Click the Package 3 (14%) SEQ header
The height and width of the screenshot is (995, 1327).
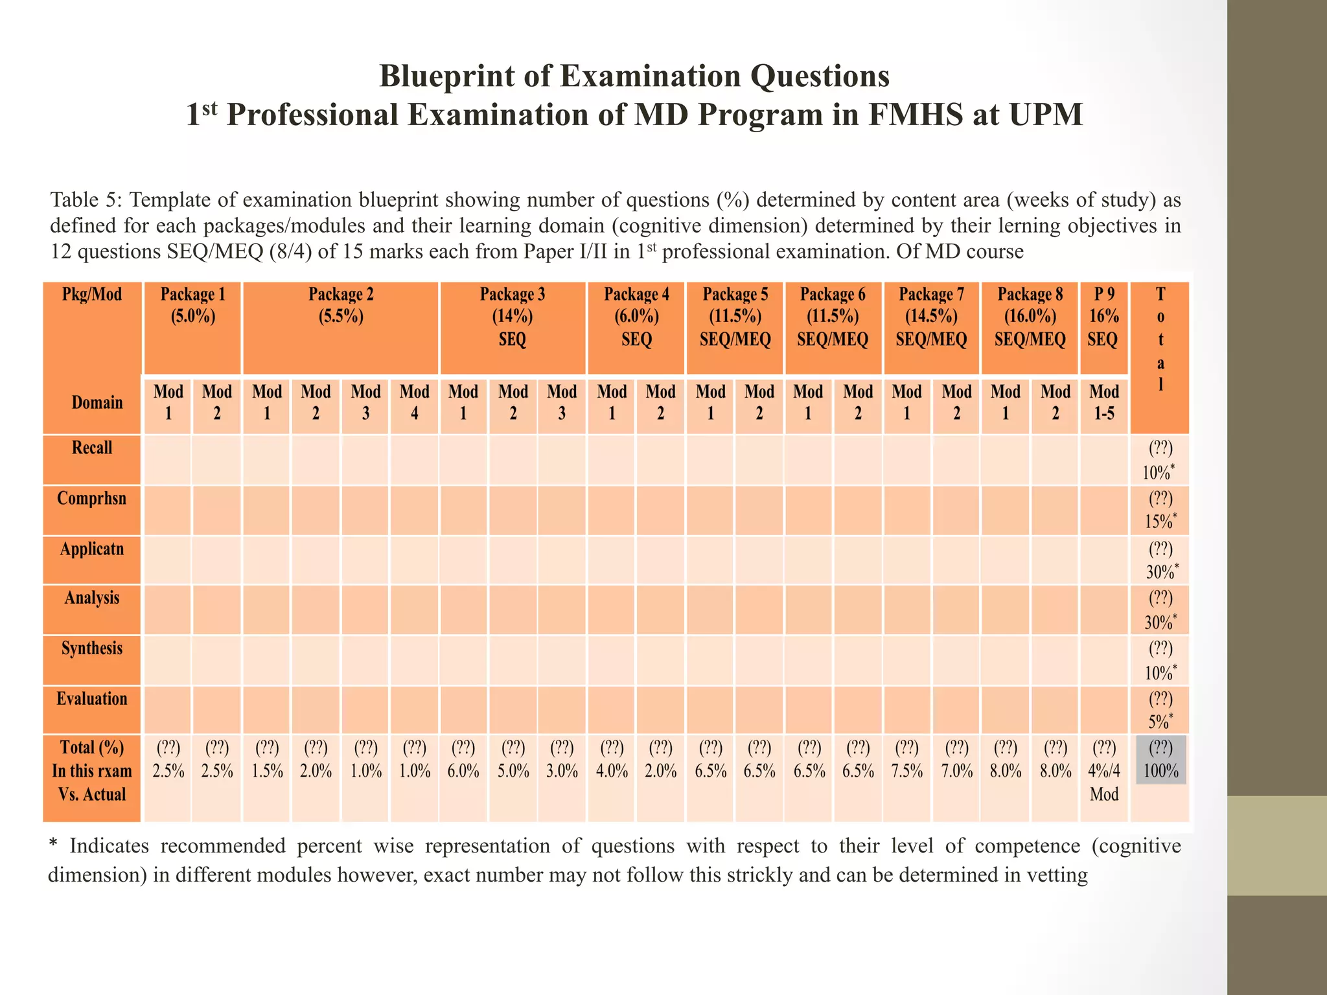pos(512,316)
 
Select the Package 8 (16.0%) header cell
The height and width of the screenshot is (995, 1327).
pos(1030,316)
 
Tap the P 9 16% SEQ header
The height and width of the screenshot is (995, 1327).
pos(1103,316)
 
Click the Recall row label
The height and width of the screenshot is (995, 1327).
pos(91,448)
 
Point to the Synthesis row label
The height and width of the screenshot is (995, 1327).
pos(91,648)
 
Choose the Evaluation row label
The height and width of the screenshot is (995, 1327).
pos(91,699)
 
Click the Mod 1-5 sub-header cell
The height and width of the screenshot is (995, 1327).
pos(1103,402)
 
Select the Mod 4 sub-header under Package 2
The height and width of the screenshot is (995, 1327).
pos(414,402)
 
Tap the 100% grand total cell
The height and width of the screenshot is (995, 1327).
pos(1160,760)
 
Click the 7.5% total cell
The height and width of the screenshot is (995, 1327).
pos(906,760)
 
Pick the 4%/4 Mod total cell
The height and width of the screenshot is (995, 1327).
pos(1103,771)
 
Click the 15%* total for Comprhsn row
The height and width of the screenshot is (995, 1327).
pos(1160,510)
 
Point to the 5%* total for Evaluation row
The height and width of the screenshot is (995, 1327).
pos(1160,711)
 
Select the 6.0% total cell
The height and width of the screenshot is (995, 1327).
pos(463,760)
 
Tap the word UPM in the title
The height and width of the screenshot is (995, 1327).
pos(1045,115)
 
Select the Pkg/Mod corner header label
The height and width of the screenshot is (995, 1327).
pos(91,295)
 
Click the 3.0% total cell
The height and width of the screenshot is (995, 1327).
pos(562,760)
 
